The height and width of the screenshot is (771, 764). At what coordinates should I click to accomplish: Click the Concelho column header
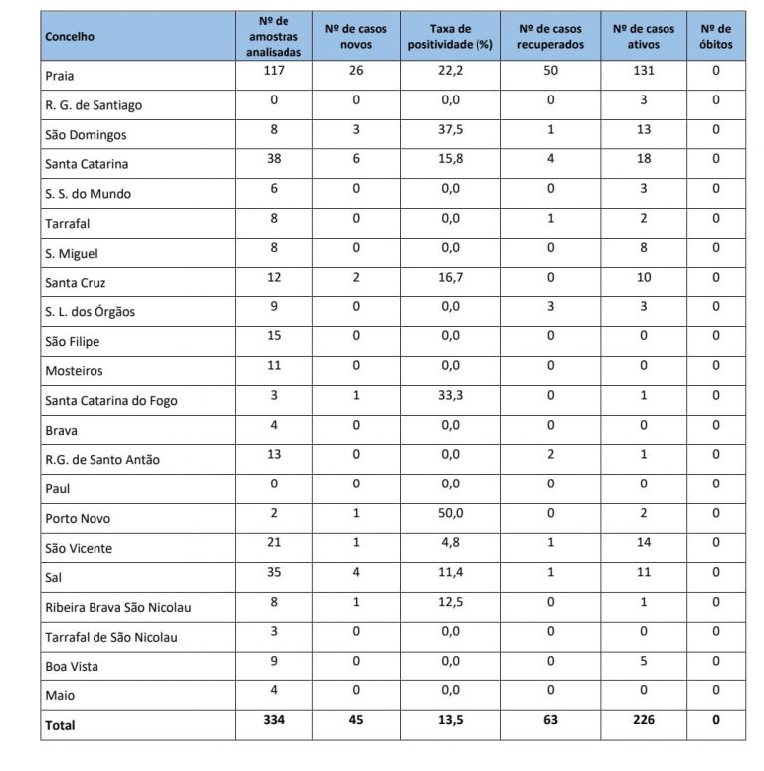point(69,37)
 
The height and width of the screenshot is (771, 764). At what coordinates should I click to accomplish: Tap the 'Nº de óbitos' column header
point(715,37)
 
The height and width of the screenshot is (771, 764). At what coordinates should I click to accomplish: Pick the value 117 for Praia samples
point(274,72)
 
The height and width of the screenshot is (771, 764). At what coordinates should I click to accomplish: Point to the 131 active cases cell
point(643,72)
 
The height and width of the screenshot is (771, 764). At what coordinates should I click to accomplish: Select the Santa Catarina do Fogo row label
point(111,402)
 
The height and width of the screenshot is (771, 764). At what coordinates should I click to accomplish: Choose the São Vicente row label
point(79,549)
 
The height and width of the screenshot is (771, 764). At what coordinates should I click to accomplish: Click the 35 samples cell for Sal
point(274,573)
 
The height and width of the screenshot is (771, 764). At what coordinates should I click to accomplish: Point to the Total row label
point(60,726)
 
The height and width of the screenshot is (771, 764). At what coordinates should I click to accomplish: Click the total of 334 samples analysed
point(274,721)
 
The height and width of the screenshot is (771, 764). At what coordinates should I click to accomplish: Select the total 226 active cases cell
point(643,721)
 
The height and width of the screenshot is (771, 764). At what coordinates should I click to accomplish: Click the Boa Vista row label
point(72,667)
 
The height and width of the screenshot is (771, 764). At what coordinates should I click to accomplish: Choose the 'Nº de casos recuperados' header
point(550,37)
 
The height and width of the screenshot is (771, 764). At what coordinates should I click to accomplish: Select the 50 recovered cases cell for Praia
point(550,72)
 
